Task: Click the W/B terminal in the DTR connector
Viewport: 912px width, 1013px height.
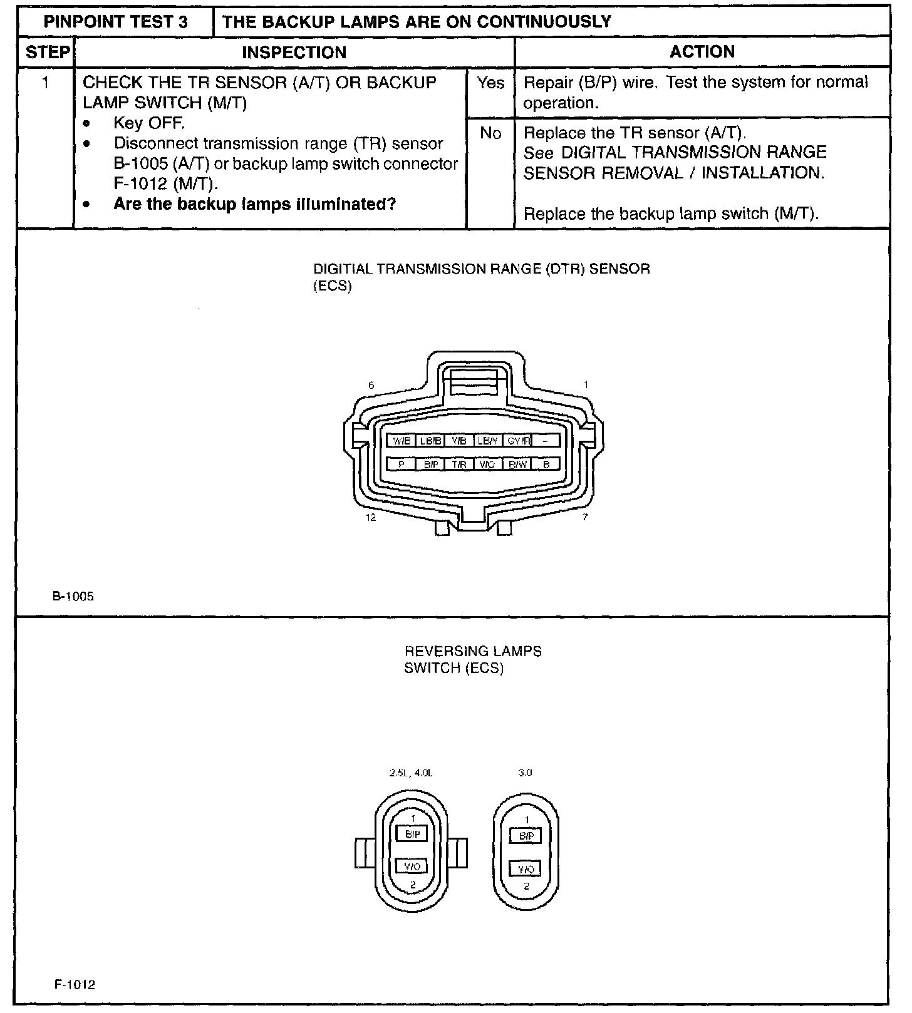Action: click(x=402, y=441)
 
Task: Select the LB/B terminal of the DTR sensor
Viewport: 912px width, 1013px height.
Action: click(x=431, y=441)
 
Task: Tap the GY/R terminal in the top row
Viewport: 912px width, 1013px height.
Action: click(x=518, y=441)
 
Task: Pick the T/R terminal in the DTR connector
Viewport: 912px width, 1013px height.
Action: click(x=459, y=465)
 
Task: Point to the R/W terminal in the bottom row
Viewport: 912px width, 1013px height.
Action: click(x=518, y=465)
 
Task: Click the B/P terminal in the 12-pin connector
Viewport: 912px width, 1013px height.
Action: click(x=431, y=465)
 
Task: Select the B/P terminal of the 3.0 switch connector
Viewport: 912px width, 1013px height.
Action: click(x=526, y=836)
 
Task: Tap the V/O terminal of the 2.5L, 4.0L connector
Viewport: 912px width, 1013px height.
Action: click(x=412, y=866)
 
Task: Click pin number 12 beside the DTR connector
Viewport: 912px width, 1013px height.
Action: click(x=371, y=518)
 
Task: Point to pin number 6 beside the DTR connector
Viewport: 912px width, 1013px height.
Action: click(x=371, y=385)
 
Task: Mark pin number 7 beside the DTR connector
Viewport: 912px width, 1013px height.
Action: click(x=585, y=518)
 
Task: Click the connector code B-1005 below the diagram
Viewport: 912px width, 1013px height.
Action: click(x=73, y=597)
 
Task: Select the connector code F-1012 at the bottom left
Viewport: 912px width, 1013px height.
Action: click(x=74, y=985)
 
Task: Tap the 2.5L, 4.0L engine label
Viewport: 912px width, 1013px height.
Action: click(x=411, y=773)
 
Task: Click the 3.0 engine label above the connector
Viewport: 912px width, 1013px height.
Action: click(x=525, y=773)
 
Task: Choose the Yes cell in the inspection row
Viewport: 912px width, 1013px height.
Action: click(x=490, y=83)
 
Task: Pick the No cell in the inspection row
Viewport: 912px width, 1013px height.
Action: click(x=490, y=133)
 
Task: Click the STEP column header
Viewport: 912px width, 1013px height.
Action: click(x=47, y=52)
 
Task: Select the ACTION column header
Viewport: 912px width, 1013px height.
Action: click(x=702, y=52)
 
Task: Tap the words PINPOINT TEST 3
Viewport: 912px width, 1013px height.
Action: click(x=116, y=22)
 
